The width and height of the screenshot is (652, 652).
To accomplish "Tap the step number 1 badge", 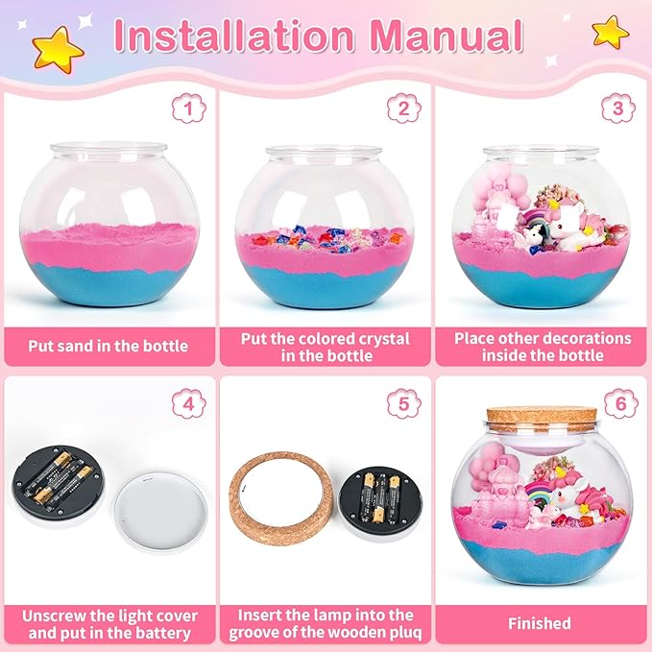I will click(x=188, y=108).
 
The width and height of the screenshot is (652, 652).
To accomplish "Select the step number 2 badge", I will click(x=404, y=108).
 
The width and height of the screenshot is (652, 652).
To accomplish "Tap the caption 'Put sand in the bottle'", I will click(x=109, y=346).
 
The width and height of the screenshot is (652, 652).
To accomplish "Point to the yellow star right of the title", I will click(x=610, y=32).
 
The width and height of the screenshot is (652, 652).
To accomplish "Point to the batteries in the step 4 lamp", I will click(x=55, y=478).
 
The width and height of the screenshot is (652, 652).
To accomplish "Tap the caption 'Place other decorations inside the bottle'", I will click(x=543, y=346).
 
